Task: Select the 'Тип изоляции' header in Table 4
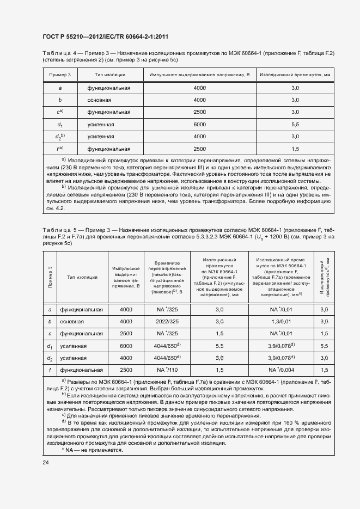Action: (x=110, y=74)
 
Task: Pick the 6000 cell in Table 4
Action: (x=199, y=124)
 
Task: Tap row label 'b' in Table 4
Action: (x=60, y=100)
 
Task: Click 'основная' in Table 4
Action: (x=100, y=100)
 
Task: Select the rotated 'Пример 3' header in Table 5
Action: (x=50, y=277)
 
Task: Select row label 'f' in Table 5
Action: (x=50, y=370)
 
